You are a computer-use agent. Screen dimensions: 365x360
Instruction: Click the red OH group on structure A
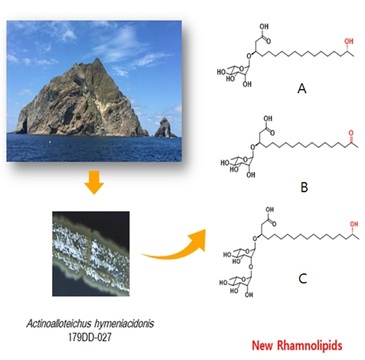(x=348, y=41)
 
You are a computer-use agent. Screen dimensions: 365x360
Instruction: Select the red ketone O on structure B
(x=351, y=133)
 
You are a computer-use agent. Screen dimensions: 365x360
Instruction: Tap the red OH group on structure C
(x=354, y=224)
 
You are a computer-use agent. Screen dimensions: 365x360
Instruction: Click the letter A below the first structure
(x=302, y=88)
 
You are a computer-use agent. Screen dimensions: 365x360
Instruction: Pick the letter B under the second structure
(x=304, y=187)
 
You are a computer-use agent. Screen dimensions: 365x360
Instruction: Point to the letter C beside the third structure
(x=302, y=279)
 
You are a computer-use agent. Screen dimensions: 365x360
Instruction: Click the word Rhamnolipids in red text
(x=309, y=345)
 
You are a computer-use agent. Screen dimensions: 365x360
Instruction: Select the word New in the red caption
(x=263, y=345)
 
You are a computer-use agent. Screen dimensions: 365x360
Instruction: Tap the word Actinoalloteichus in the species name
(x=59, y=324)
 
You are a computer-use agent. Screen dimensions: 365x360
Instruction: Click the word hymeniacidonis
(x=124, y=324)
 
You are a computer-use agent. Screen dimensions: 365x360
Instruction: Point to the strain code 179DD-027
(x=90, y=337)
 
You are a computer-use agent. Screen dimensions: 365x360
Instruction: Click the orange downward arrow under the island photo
(x=94, y=182)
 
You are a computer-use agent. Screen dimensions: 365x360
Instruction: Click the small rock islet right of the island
(x=164, y=128)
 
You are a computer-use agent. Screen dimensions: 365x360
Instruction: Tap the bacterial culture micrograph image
(x=91, y=253)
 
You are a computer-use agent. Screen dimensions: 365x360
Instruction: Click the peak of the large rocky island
(x=97, y=59)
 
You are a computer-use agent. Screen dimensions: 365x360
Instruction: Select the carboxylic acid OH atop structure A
(x=264, y=26)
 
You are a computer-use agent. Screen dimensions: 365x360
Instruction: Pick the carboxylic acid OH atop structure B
(x=268, y=119)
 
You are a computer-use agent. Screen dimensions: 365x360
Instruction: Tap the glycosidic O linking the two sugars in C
(x=250, y=267)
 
